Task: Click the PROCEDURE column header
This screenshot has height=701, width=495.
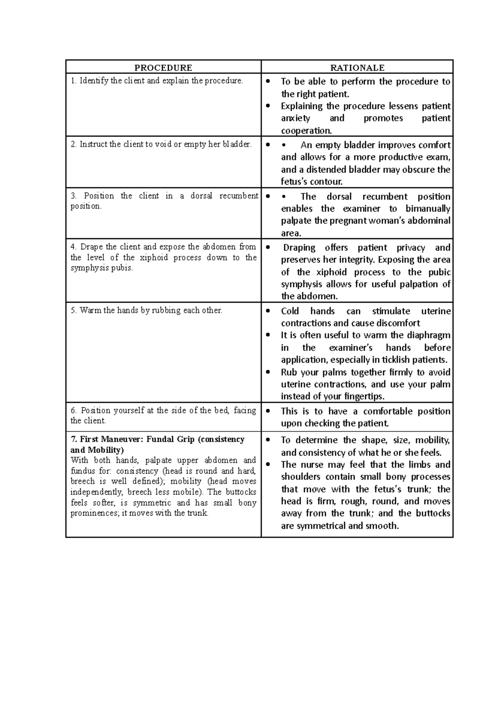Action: click(x=163, y=68)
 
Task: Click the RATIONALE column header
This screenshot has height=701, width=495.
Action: click(x=357, y=68)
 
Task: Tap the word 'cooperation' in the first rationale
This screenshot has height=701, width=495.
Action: click(x=306, y=131)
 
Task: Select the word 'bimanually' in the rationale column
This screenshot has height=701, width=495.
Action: click(x=428, y=208)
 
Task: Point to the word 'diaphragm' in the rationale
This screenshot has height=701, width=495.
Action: click(x=429, y=335)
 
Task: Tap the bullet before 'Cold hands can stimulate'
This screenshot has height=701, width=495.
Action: click(x=268, y=311)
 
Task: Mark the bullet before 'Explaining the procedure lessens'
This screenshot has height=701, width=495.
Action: click(x=268, y=106)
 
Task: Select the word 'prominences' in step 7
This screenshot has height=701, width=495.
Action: click(x=90, y=514)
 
